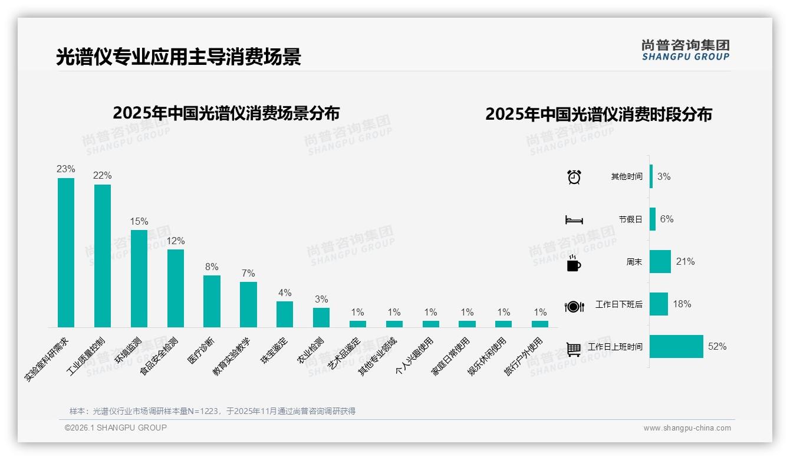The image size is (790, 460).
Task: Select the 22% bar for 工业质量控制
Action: point(103,256)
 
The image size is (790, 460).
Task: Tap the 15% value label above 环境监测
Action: point(139,221)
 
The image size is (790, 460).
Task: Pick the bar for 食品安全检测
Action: point(176,288)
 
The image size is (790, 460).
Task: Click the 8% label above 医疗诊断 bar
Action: point(212,267)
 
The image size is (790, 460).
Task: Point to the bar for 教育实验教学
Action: point(248,304)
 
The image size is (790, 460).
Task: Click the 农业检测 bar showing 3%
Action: point(321,317)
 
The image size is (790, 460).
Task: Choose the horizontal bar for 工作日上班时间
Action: point(676,347)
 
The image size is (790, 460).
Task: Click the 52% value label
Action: point(717,347)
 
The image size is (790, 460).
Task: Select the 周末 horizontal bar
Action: point(660,262)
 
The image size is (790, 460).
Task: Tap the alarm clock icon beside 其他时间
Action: point(574,177)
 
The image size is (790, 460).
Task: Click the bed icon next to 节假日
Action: point(574,220)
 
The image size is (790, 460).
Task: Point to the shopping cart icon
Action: point(574,349)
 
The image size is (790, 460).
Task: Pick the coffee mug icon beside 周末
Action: point(574,263)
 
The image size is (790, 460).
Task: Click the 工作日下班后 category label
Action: point(618,305)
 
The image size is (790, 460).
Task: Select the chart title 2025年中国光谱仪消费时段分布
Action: point(598,114)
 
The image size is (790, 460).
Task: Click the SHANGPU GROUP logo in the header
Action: point(685,50)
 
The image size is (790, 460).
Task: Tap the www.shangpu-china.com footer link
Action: point(687,428)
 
